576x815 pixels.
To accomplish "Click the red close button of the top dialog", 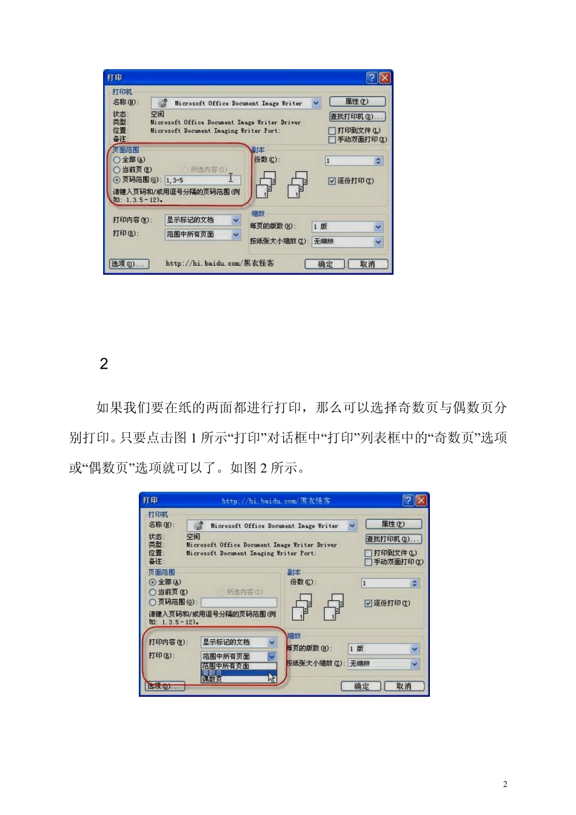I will tap(384, 78).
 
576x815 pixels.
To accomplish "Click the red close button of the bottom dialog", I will tap(421, 500).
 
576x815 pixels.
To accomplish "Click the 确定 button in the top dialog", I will tap(325, 264).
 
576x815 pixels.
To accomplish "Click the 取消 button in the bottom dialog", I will tap(403, 686).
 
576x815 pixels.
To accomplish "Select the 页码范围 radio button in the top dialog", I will tap(117, 180).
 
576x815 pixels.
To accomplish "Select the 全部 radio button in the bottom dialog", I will tap(153, 582).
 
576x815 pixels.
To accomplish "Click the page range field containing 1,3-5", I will tap(203, 180).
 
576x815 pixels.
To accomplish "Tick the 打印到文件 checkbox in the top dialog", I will tap(332, 130).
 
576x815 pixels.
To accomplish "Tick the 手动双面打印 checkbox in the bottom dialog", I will tap(368, 562).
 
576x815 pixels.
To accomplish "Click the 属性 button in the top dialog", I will tap(357, 102).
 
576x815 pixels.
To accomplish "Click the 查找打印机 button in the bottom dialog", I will tap(393, 539).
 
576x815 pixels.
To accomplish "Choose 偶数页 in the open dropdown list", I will tap(212, 680).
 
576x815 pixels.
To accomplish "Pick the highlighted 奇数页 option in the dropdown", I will tap(212, 673).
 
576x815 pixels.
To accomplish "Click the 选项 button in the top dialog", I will tap(129, 264).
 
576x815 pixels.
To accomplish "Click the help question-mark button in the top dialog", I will tap(372, 78).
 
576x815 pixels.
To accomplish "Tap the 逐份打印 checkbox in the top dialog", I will tap(332, 181).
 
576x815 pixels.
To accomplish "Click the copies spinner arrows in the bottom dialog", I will tap(415, 583).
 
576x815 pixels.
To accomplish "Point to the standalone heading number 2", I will tap(104, 364).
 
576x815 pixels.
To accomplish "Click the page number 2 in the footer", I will tap(505, 784).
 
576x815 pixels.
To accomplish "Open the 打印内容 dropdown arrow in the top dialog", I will tap(236, 220).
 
